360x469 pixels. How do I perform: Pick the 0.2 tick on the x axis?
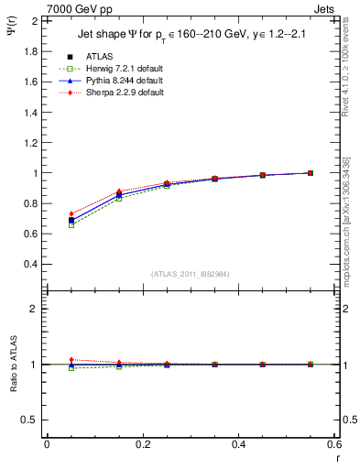coord(143,443)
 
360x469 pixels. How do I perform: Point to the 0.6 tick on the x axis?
coord(335,443)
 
